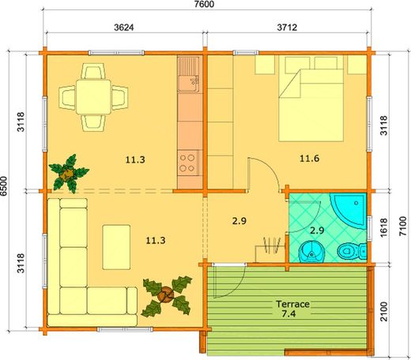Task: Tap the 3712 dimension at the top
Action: [286, 28]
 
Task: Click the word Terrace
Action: [292, 303]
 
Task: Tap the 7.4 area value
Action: [292, 315]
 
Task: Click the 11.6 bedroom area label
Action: [309, 158]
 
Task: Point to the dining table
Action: [94, 98]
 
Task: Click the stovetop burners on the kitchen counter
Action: [189, 163]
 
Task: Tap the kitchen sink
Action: [190, 79]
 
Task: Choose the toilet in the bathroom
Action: [348, 252]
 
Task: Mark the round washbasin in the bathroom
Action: [314, 252]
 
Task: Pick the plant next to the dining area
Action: [69, 171]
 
